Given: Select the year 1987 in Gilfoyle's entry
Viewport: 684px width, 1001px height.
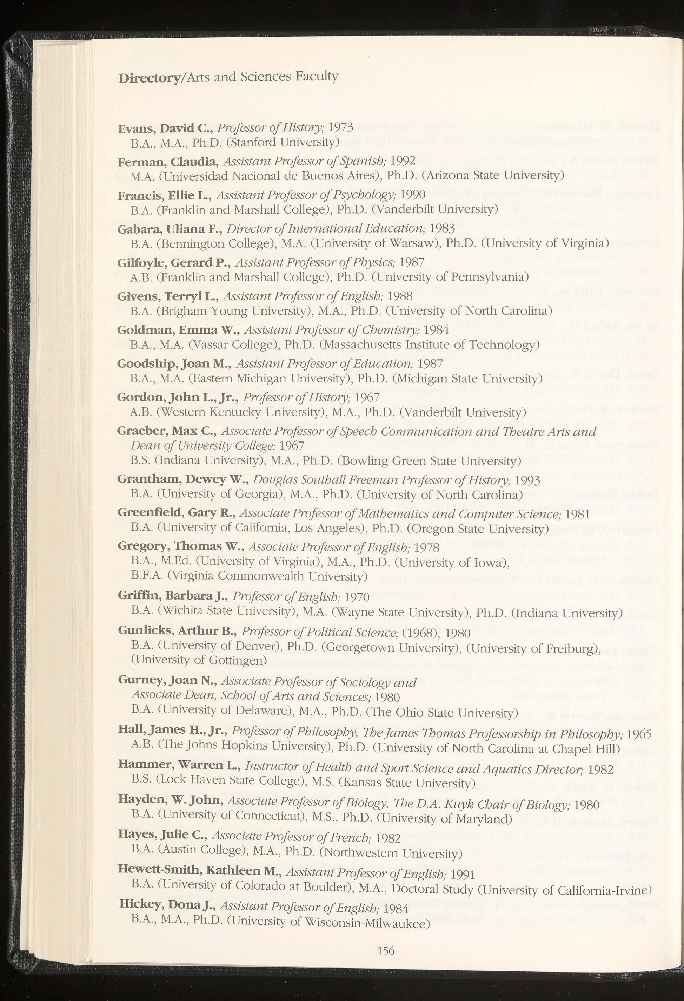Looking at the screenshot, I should pyautogui.click(x=412, y=262).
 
